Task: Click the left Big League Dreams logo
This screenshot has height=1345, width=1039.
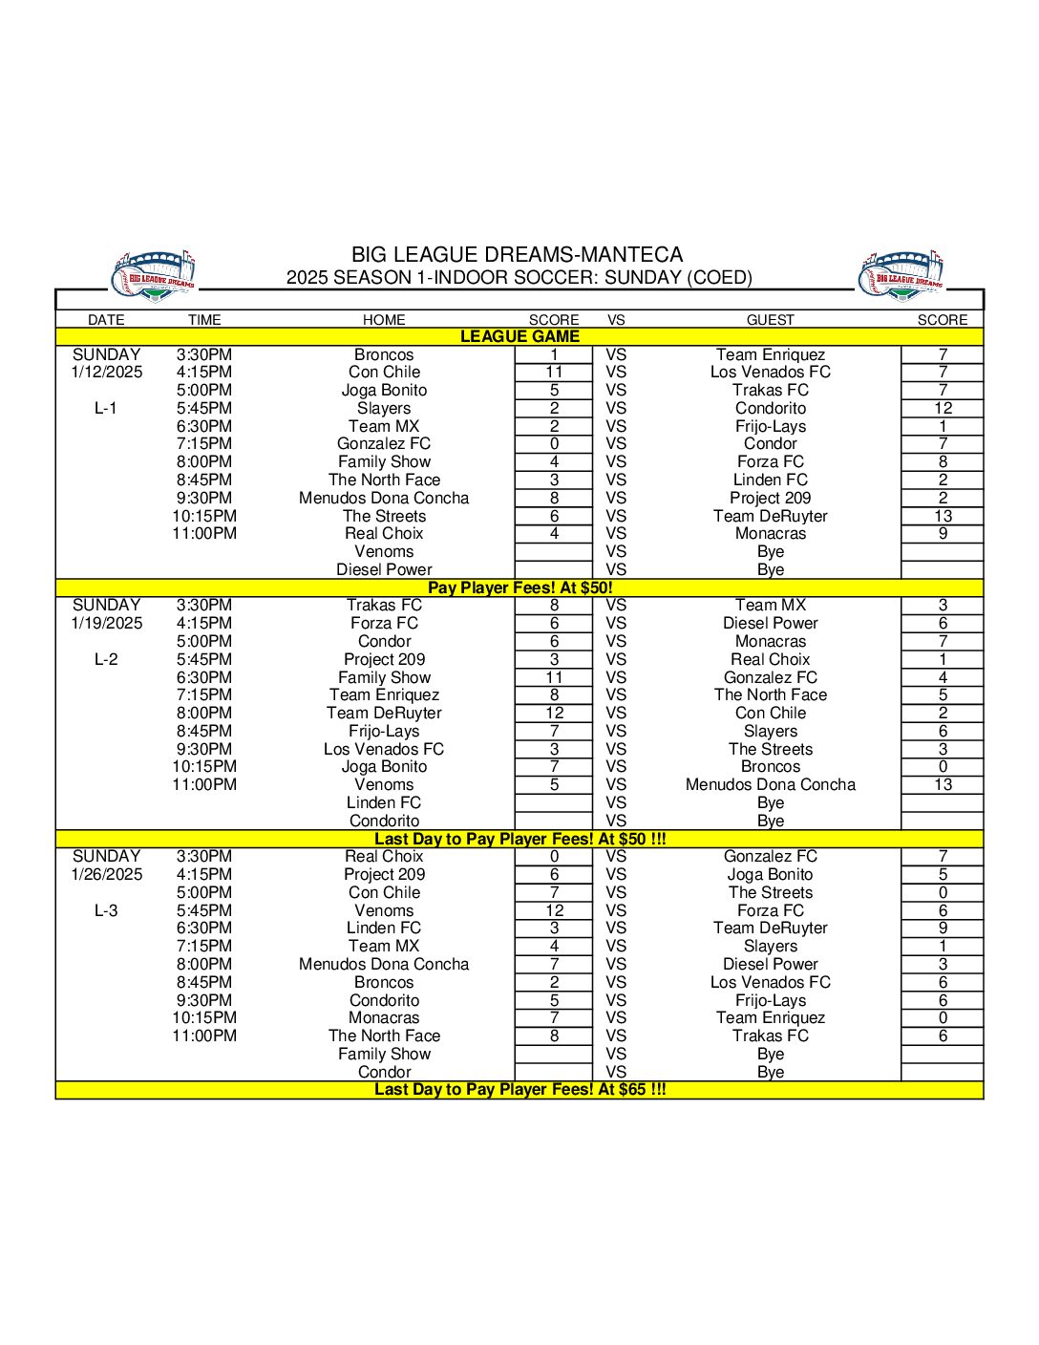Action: [x=153, y=276]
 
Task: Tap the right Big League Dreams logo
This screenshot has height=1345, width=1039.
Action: [x=901, y=276]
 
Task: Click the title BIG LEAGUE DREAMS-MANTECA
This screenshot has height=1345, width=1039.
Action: [x=517, y=255]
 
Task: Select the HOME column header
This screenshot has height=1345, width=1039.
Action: [x=384, y=320]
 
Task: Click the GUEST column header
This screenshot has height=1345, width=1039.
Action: [x=770, y=320]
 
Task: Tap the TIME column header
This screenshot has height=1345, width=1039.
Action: [x=204, y=320]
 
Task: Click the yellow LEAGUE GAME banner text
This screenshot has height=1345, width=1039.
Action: [x=519, y=336]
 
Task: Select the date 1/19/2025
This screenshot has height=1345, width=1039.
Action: [x=107, y=623]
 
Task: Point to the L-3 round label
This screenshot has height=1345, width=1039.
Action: [x=106, y=910]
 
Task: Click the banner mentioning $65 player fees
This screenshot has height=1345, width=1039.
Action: [x=519, y=1089]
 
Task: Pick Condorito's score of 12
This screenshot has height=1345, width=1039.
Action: [x=943, y=408]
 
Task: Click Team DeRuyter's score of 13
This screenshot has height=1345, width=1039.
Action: [x=943, y=516]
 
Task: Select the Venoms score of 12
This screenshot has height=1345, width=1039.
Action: [x=554, y=910]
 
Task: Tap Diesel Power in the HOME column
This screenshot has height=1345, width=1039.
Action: [x=384, y=569]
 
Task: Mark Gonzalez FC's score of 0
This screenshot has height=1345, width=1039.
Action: [x=554, y=443]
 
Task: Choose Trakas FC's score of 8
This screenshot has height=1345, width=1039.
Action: [x=554, y=605]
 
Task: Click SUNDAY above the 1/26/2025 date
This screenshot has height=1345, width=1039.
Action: [x=107, y=856]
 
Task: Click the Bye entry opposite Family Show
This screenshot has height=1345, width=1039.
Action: [x=770, y=1054]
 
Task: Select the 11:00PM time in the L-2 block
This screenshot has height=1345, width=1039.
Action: [x=204, y=784]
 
